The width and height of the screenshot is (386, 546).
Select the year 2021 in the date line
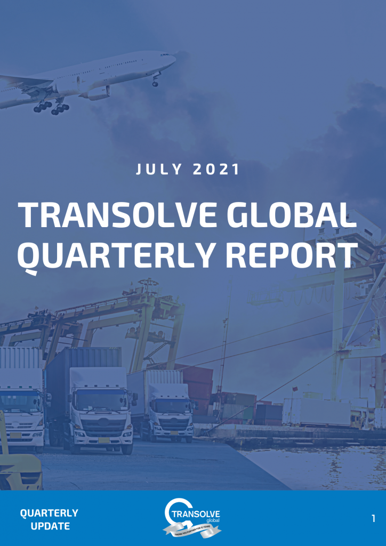pos(216,170)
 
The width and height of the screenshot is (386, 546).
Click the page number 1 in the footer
pos(374,518)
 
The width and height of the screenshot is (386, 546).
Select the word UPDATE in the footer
pos(50,526)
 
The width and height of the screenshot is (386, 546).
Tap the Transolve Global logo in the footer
pos(192,518)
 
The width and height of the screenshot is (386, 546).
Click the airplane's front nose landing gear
pos(156,82)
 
